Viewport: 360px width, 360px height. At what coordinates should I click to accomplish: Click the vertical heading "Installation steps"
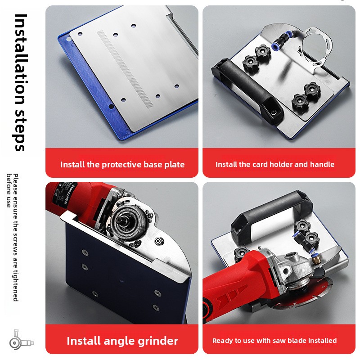tap(20, 82)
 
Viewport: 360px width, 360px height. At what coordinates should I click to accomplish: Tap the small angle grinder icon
tap(21, 339)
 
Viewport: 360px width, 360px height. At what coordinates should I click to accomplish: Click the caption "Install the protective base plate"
tap(122, 165)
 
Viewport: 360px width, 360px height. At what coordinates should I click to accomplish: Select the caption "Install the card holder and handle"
tap(275, 164)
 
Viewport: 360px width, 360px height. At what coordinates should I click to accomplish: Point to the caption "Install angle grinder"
tap(122, 341)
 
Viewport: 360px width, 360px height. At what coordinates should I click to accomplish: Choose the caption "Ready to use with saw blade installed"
tap(274, 341)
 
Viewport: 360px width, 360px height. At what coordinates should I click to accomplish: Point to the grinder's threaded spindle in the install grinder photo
tap(120, 221)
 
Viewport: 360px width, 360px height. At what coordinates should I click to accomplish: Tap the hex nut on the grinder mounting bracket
tap(158, 241)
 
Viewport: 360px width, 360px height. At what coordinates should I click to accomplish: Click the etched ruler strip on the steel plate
tap(125, 69)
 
